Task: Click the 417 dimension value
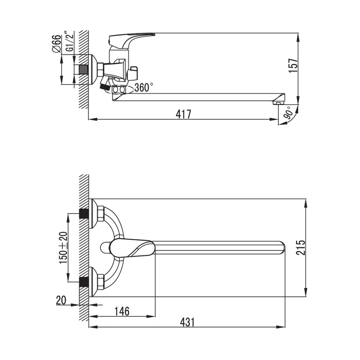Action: point(183,114)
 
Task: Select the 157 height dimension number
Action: point(293,66)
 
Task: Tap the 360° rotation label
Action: point(143,87)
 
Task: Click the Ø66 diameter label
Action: point(57,44)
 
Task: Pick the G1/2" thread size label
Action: point(69,41)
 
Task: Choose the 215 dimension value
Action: point(300,247)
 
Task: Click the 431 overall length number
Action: point(187,322)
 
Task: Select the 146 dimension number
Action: point(122,311)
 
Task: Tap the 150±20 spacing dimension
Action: point(64,247)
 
